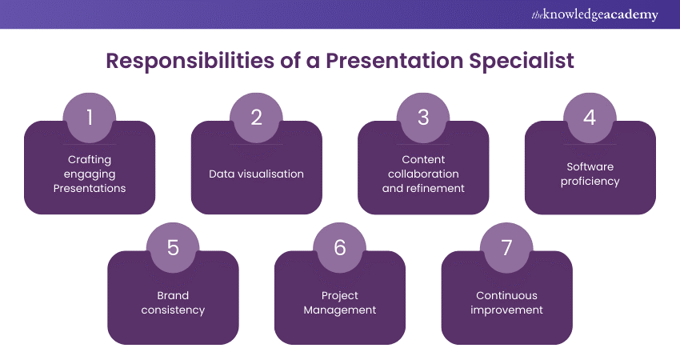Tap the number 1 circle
(x=90, y=118)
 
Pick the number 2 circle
(x=256, y=118)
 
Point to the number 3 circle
(x=423, y=118)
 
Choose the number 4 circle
(x=590, y=118)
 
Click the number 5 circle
(x=173, y=247)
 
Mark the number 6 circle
(x=340, y=247)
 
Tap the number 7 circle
(x=506, y=247)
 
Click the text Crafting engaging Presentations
(x=90, y=174)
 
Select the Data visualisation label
(x=256, y=174)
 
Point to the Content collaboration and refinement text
(x=423, y=174)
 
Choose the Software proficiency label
(x=590, y=174)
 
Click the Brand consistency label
(x=173, y=302)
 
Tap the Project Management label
(x=340, y=302)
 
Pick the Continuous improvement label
(x=506, y=302)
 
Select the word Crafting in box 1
(x=90, y=159)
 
